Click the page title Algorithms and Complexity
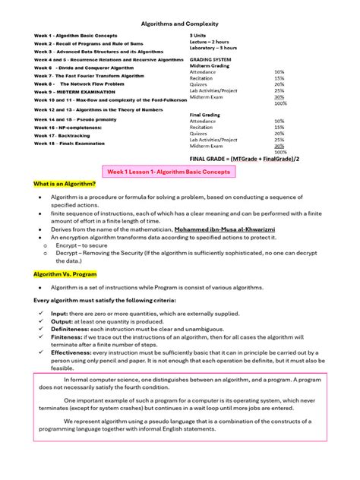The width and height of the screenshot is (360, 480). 179,24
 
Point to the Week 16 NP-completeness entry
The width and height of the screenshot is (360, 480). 67,128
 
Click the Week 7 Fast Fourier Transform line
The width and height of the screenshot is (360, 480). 88,76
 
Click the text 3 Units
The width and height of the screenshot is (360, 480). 197,35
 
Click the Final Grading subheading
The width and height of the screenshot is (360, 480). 204,115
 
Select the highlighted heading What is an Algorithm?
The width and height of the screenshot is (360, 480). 64,185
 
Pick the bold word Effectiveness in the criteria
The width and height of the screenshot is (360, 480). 71,352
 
